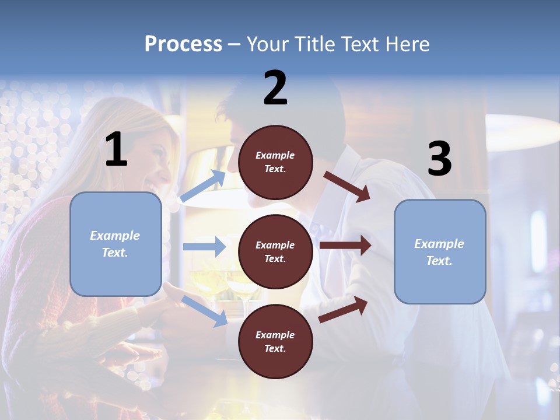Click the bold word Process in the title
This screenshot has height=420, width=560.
[x=183, y=44]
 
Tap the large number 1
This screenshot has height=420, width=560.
[x=116, y=150]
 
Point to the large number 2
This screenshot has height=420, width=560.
[x=275, y=88]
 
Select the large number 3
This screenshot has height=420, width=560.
[x=440, y=159]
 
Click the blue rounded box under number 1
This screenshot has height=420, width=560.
[x=116, y=244]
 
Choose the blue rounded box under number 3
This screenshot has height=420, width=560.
[x=440, y=251]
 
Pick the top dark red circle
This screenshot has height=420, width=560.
[x=275, y=162]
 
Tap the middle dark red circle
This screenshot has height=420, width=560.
[x=275, y=251]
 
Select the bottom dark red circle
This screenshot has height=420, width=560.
[x=275, y=341]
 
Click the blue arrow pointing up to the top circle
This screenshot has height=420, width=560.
[x=203, y=186]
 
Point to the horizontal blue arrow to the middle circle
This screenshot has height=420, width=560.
[x=204, y=247]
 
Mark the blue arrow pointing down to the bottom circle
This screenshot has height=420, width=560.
[x=204, y=310]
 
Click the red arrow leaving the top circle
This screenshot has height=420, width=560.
[x=346, y=186]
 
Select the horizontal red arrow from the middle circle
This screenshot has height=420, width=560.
[x=345, y=246]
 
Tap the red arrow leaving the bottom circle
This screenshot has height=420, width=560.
[x=343, y=310]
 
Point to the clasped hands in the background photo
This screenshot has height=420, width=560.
[x=169, y=309]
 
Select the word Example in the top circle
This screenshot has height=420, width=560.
[x=275, y=155]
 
